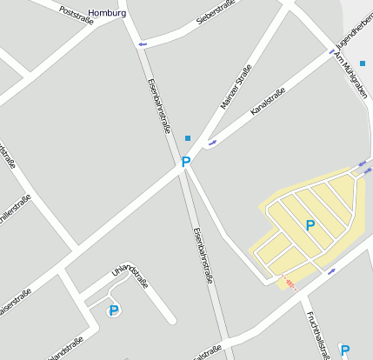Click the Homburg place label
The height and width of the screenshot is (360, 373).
[x=107, y=13]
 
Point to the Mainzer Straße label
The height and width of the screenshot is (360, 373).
[x=236, y=86]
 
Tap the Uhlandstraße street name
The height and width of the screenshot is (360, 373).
[x=130, y=279]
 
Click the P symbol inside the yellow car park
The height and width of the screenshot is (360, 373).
[x=310, y=225]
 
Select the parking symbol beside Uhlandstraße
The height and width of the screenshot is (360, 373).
[x=112, y=311]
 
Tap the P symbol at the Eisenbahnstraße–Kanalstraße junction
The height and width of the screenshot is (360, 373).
[x=185, y=162]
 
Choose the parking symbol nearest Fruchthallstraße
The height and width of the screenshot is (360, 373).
[x=344, y=350]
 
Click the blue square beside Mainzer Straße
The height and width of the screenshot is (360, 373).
[x=188, y=137]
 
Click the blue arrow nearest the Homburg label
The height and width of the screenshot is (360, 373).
[x=143, y=43]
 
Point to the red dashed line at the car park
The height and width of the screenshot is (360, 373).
[x=290, y=283]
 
